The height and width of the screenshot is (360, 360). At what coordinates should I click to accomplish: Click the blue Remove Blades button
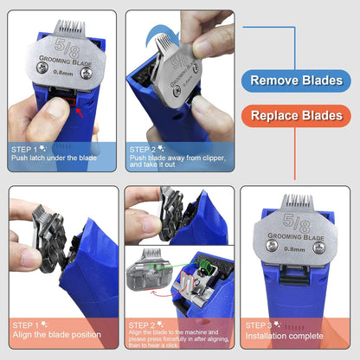[299, 80]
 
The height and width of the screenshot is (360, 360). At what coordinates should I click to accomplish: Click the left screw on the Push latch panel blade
[36, 74]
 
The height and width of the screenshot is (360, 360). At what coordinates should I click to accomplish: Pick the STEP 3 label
[260, 325]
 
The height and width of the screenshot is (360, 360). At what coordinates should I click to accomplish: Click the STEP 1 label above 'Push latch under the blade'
[28, 149]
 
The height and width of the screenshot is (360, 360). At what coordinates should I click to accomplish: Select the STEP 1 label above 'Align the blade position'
[28, 325]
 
